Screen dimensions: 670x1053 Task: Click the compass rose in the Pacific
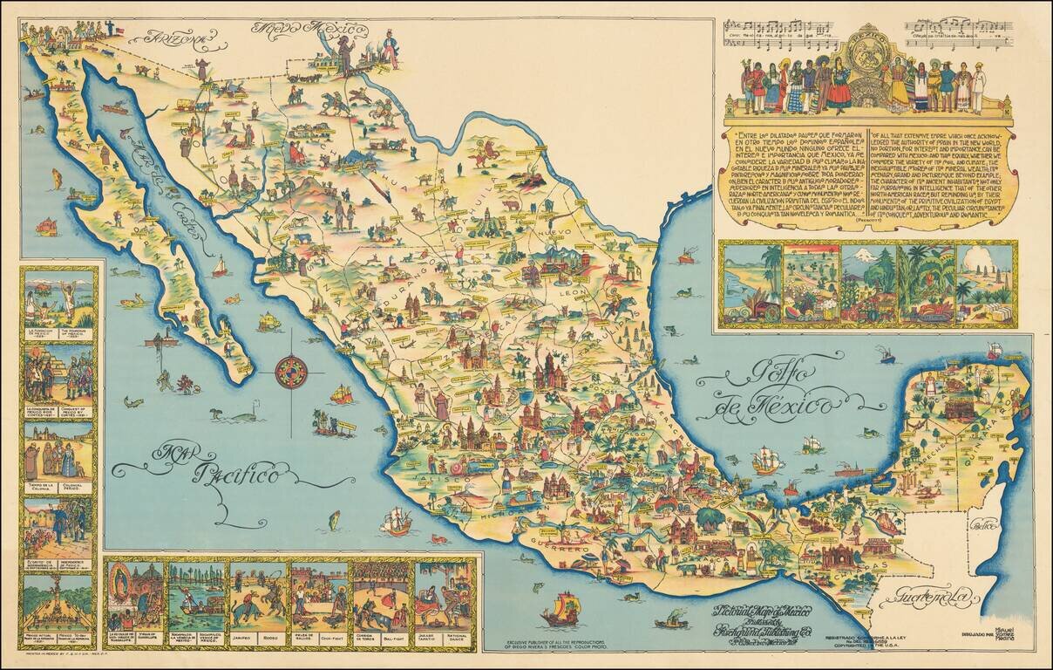click(x=291, y=373)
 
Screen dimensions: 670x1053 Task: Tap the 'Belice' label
click(x=987, y=526)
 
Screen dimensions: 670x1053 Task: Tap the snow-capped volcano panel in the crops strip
click(x=866, y=284)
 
